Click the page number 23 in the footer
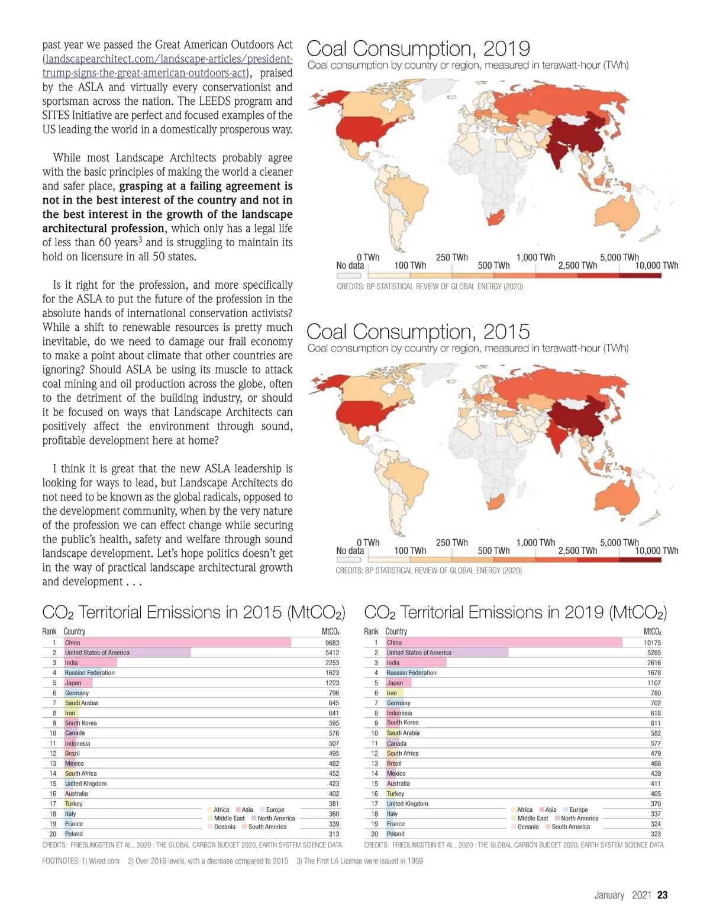click(x=662, y=895)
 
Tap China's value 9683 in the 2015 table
click(x=332, y=643)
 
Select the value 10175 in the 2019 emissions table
click(x=652, y=643)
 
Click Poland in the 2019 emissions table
click(x=395, y=834)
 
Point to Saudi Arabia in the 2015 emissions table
click(x=82, y=703)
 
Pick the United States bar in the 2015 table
click(x=127, y=653)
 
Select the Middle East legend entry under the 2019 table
click(x=529, y=818)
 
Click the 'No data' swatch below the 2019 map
click(x=348, y=275)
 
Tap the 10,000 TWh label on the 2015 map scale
click(x=656, y=550)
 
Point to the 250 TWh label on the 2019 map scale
click(x=451, y=257)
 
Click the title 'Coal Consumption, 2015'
click(x=418, y=331)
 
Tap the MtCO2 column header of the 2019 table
click(x=652, y=631)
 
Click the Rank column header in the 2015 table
click(x=49, y=631)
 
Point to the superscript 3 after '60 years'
click(x=141, y=239)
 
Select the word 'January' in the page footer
click(x=609, y=895)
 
